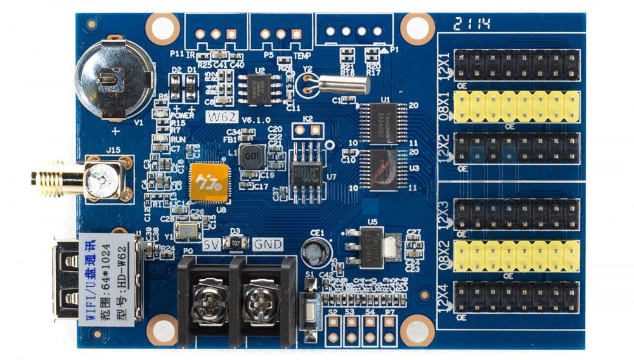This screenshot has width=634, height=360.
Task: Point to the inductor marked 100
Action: coord(254,156)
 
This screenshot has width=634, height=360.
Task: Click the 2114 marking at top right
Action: coord(472,26)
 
